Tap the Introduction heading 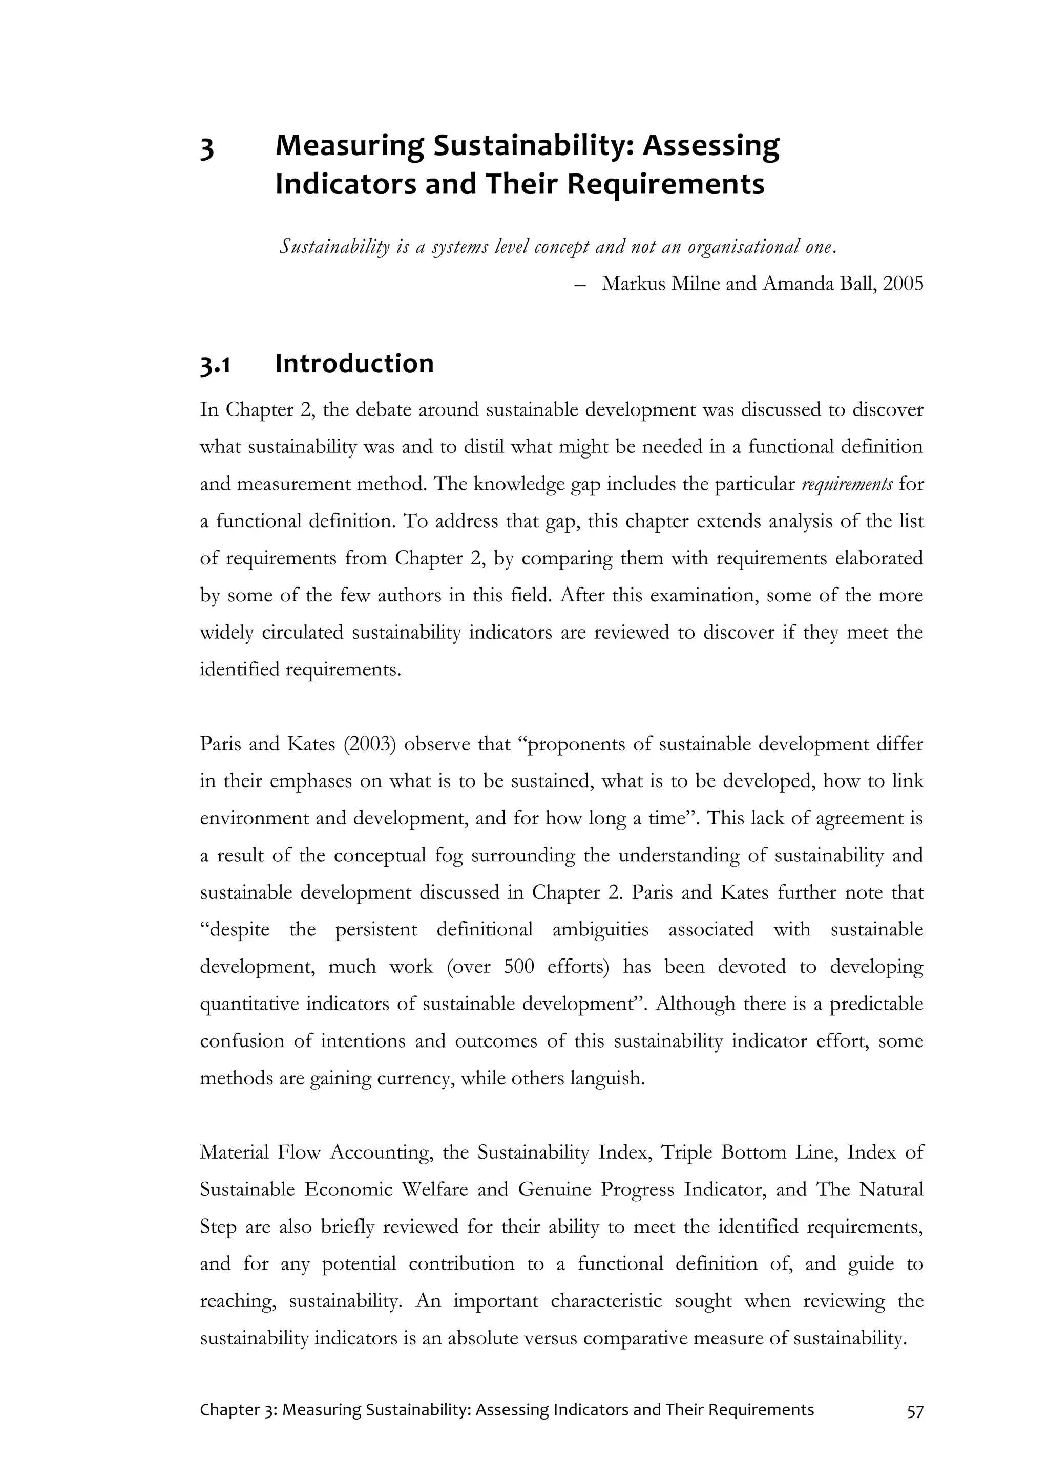[354, 364]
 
